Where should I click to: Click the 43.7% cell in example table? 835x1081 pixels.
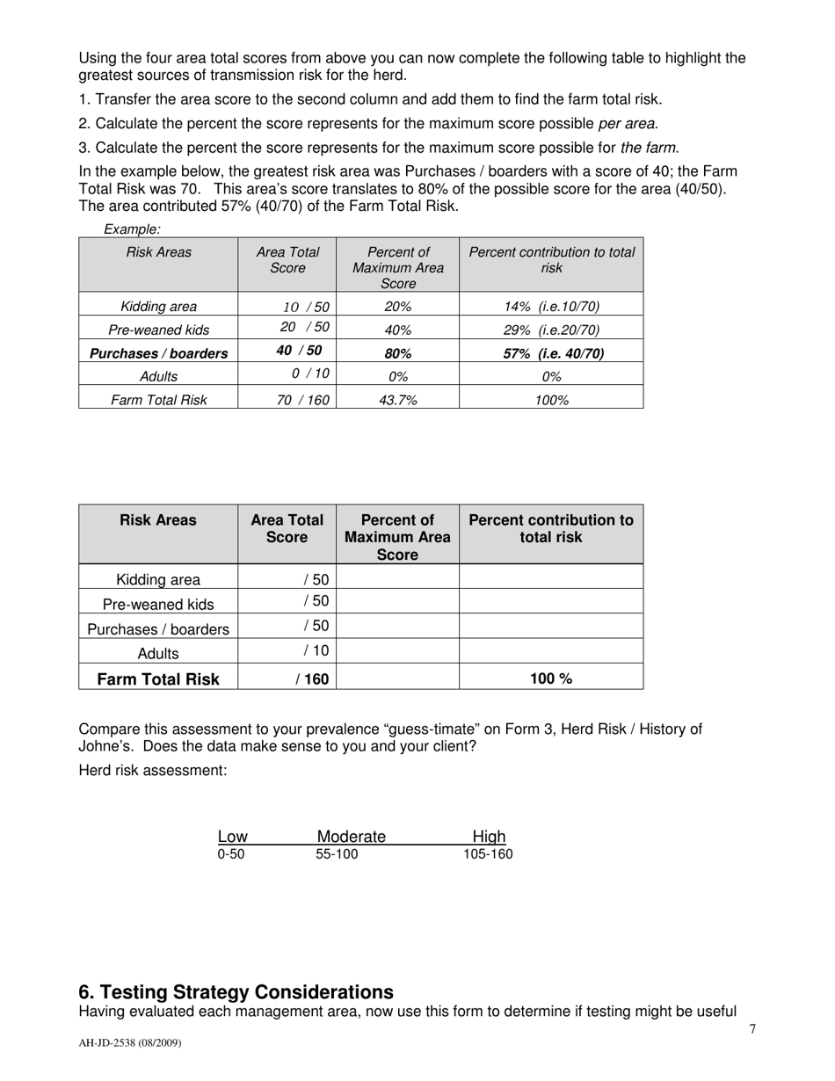tap(397, 400)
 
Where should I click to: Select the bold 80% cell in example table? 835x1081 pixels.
tap(397, 353)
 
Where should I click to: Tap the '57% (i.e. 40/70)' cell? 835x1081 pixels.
tap(553, 353)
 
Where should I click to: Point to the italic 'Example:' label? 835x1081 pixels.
tap(132, 229)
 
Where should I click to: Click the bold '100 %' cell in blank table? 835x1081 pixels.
tap(551, 678)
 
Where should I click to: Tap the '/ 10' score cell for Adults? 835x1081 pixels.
tap(316, 650)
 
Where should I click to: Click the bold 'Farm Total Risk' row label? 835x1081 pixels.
tap(158, 678)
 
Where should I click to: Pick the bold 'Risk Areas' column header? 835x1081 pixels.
tap(158, 520)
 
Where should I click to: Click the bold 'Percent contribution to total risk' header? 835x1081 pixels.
tap(551, 528)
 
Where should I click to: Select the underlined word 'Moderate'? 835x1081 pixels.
tap(351, 837)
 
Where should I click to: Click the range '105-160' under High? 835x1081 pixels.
tap(488, 854)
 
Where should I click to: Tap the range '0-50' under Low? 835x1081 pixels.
tap(231, 854)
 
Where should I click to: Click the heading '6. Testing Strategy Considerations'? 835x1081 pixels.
tap(236, 992)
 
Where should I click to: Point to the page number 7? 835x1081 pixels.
tap(752, 1030)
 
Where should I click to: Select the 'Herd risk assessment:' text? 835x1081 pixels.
tap(153, 771)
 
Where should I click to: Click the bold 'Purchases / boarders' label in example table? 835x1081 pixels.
tap(158, 353)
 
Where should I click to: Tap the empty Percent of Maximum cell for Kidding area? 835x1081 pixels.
tap(397, 577)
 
